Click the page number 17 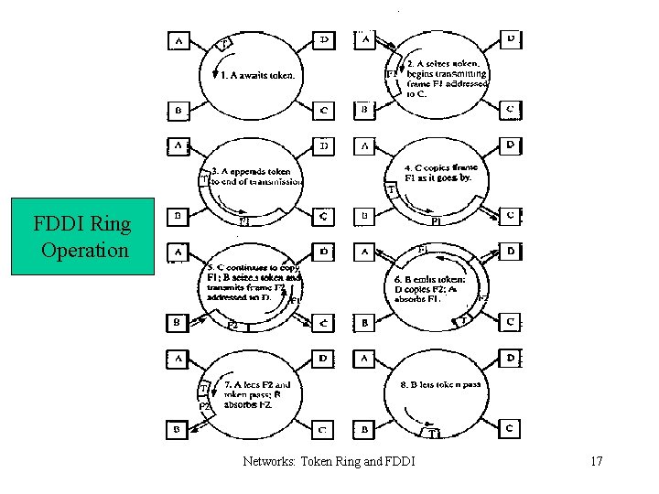coord(597,461)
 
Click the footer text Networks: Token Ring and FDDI coord(329,461)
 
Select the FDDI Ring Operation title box coord(82,236)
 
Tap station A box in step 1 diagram coord(177,41)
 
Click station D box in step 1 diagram coord(324,40)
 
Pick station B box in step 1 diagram coord(177,111)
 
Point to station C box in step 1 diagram coord(324,111)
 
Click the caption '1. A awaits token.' coord(255,75)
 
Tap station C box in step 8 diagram coord(511,427)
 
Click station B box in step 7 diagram coord(177,428)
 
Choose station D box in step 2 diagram coord(511,39)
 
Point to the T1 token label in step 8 coord(435,434)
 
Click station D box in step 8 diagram coord(511,357)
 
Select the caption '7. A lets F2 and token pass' coord(257,394)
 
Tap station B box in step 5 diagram coord(177,322)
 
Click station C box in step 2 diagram coord(511,110)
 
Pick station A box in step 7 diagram coord(177,358)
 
